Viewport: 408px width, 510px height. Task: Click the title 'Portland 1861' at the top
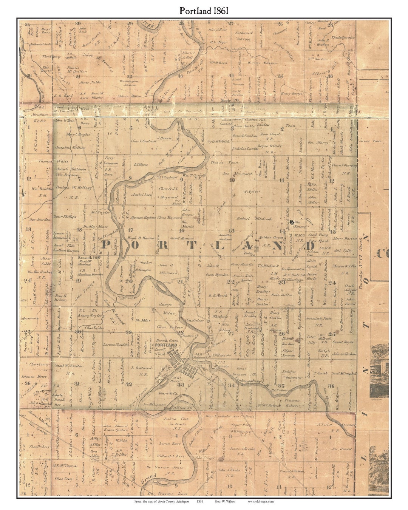pyautogui.click(x=204, y=11)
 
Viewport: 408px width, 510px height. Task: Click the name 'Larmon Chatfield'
pyautogui.click(x=116, y=345)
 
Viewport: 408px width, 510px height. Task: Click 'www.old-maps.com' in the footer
pyautogui.click(x=261, y=501)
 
